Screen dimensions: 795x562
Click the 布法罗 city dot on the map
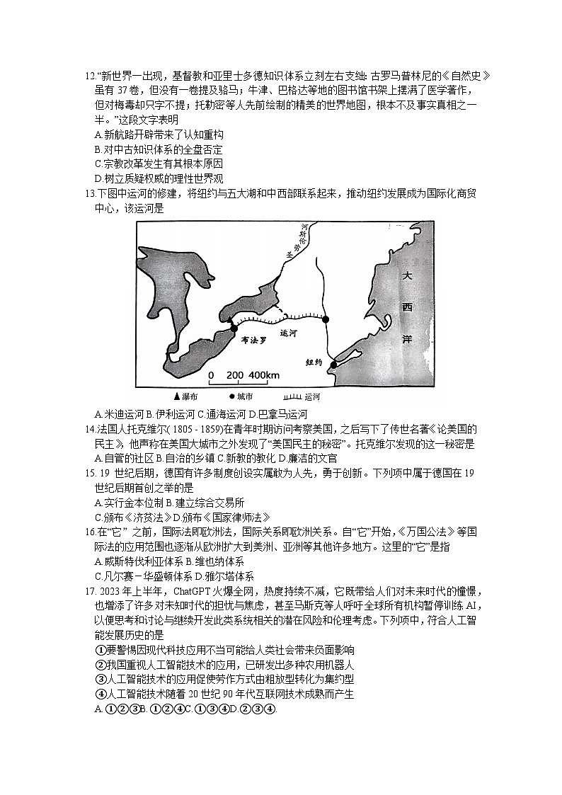234,328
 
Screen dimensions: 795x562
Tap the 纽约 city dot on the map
333,365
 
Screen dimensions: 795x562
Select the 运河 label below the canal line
289,332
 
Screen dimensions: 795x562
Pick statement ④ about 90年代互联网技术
224,693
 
